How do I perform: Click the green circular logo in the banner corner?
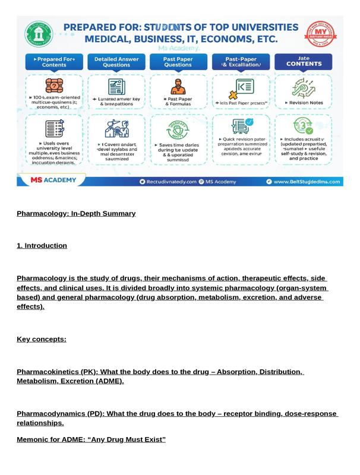pyautogui.click(x=39, y=34)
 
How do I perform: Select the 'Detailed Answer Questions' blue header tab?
pyautogui.click(x=116, y=62)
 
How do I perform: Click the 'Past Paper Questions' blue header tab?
pyautogui.click(x=178, y=62)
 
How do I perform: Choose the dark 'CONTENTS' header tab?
pyautogui.click(x=302, y=62)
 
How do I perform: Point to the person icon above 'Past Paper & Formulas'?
pyautogui.click(x=178, y=87)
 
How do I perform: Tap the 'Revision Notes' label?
pyautogui.click(x=305, y=103)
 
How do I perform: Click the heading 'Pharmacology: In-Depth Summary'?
pyautogui.click(x=76, y=213)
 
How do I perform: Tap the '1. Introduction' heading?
pyautogui.click(x=42, y=245)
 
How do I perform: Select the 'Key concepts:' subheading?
pyautogui.click(x=42, y=339)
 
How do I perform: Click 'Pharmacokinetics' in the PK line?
pyautogui.click(x=48, y=372)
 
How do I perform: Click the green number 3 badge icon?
pyautogui.click(x=304, y=126)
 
